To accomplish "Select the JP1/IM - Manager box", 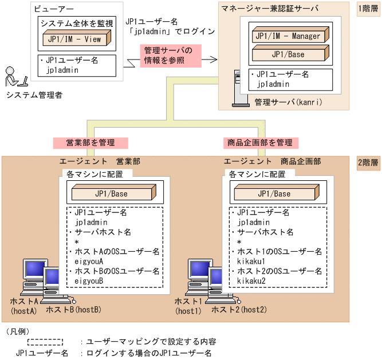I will pyautogui.click(x=288, y=36).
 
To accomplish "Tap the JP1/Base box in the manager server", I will pyautogui.click(x=288, y=55).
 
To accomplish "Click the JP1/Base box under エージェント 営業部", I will pyautogui.click(x=112, y=193).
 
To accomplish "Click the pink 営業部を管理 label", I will pyautogui.click(x=90, y=142).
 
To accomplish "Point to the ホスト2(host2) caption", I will pyautogui.click(x=236, y=310).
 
